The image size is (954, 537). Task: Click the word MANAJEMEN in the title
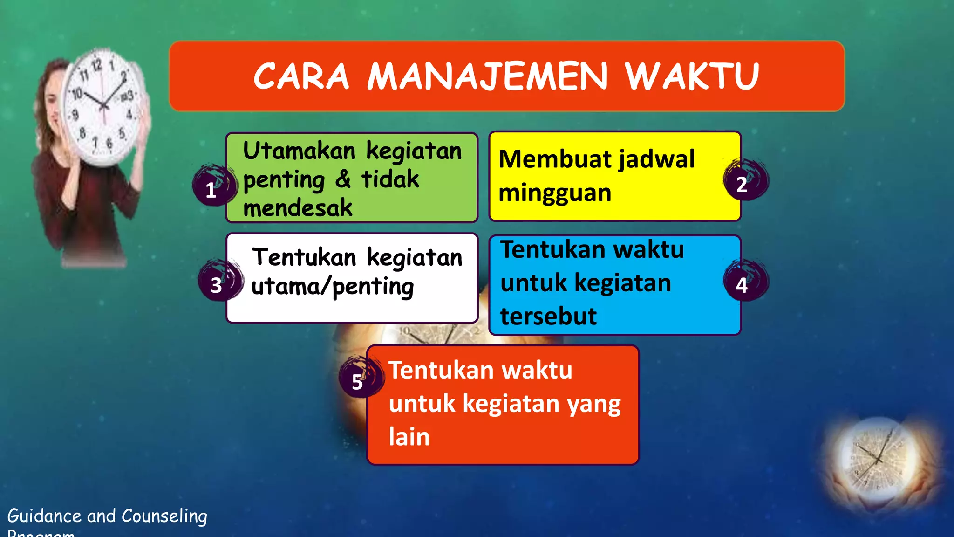[487, 76]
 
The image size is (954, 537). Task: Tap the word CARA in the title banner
[301, 76]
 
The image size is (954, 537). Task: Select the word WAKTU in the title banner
[692, 76]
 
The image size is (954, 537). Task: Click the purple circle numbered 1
[212, 186]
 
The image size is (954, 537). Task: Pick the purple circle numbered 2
[744, 181]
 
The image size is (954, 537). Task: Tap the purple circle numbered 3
[218, 281]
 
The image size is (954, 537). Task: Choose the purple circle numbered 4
[744, 281]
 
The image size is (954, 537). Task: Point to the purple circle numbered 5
[359, 378]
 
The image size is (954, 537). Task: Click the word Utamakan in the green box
[299, 151]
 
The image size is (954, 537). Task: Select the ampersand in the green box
[343, 179]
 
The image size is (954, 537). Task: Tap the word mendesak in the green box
[298, 208]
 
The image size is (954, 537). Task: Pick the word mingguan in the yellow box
[554, 193]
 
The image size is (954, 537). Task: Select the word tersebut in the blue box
[548, 317]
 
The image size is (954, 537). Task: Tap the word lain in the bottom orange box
[409, 437]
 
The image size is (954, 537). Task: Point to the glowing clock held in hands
[878, 459]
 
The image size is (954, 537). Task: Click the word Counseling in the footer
[164, 516]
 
